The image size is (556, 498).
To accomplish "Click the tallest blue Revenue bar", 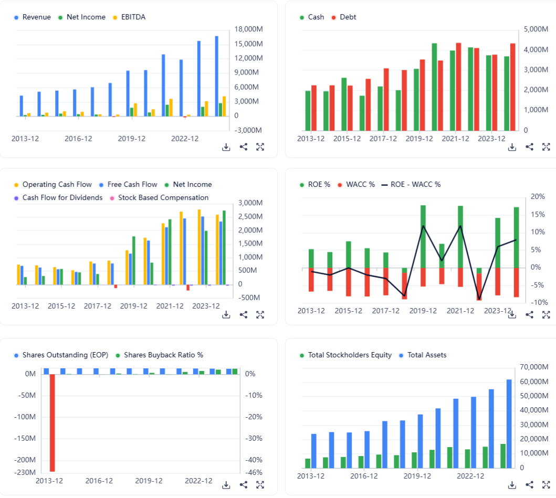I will (x=217, y=76).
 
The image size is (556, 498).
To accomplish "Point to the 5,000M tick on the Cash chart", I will (x=536, y=29).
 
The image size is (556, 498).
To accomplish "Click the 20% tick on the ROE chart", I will (x=538, y=197).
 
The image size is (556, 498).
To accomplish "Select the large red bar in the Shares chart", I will (x=53, y=422).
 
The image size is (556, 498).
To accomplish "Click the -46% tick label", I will (x=250, y=472).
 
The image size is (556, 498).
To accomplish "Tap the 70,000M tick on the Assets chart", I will (x=534, y=367).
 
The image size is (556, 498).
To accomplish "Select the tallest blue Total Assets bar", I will (x=509, y=423).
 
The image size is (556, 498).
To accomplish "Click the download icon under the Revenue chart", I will (x=226, y=147).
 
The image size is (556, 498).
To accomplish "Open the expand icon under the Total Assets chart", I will (x=546, y=484).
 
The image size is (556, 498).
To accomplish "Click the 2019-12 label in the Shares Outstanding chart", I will (x=149, y=481).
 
